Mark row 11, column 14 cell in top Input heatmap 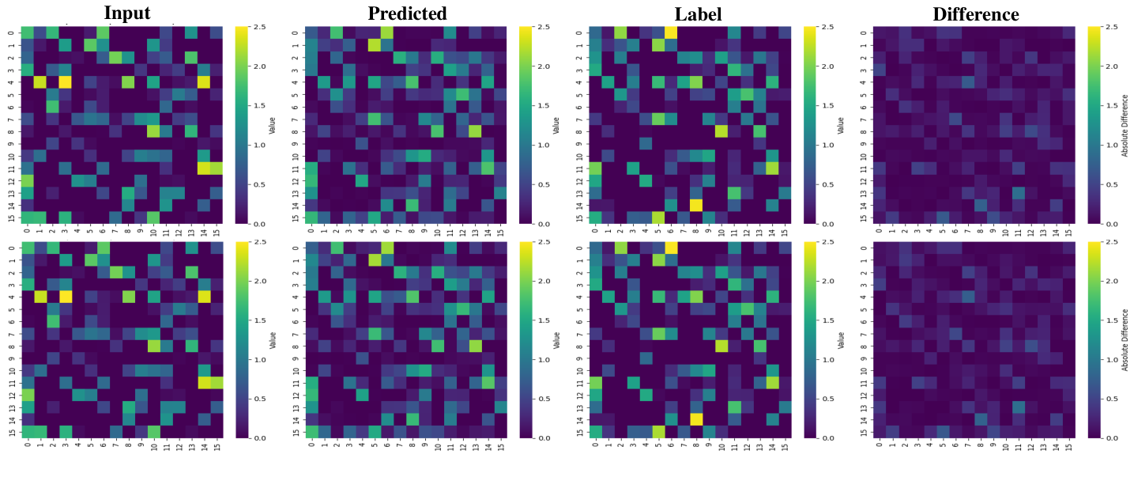pyautogui.click(x=204, y=168)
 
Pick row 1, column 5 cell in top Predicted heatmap pyautogui.click(x=375, y=44)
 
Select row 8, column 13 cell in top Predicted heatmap pyautogui.click(x=475, y=131)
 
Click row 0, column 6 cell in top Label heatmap pyautogui.click(x=671, y=32)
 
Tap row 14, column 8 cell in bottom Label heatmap pyautogui.click(x=696, y=418)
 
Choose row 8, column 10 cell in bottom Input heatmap pyautogui.click(x=153, y=345)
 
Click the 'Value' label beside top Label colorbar pyautogui.click(x=842, y=126)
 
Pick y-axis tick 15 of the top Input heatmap pyautogui.click(x=11, y=218)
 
